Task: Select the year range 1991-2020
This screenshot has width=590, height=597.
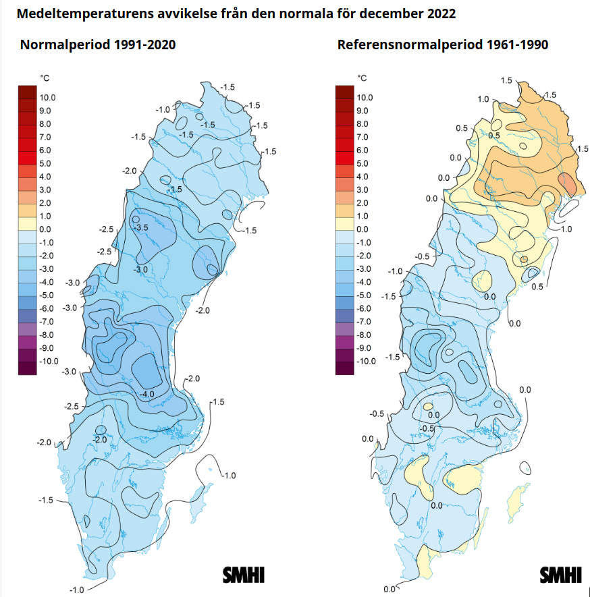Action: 144,45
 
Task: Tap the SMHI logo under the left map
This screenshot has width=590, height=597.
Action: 244,575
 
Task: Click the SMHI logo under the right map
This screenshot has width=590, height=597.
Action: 560,575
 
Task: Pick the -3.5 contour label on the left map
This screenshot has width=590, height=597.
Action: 140,228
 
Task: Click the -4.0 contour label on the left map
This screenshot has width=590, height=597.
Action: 146,394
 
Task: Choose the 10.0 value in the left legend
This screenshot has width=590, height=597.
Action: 47,98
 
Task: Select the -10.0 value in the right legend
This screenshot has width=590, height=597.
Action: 365,362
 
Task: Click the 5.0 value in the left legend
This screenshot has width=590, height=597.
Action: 45,163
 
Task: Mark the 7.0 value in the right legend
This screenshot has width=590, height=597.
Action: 362,137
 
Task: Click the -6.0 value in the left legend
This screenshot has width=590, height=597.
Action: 47,308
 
